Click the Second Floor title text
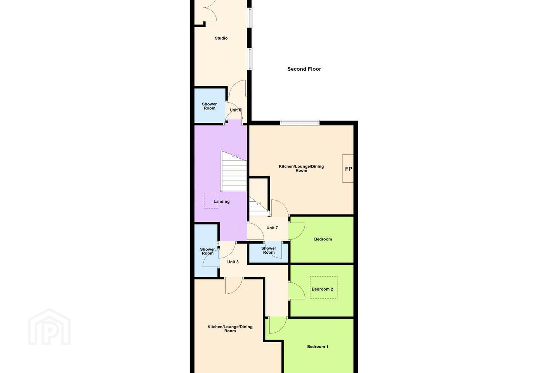304,69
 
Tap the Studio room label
221,38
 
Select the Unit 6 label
235,110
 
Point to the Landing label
222,202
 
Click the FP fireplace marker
348,169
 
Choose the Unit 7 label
272,228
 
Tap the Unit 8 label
233,262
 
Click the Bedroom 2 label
322,289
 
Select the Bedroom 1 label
318,347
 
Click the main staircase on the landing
234,171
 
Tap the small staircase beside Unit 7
259,207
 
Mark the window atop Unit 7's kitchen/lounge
300,122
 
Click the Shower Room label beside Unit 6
209,106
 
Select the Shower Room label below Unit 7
269,250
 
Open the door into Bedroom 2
297,290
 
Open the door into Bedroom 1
278,325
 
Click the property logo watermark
49,327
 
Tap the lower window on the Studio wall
250,59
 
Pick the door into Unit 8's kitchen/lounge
234,285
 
